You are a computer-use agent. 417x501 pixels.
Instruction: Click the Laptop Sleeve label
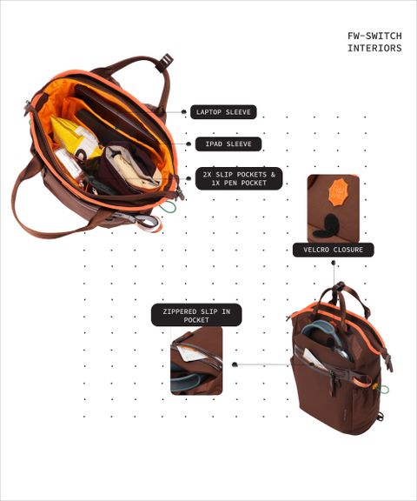pyautogui.click(x=223, y=112)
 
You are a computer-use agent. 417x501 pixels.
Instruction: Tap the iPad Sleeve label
pyautogui.click(x=228, y=144)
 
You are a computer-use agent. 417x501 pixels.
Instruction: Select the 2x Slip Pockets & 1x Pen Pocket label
pyautogui.click(x=239, y=178)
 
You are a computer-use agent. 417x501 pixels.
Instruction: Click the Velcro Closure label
pyautogui.click(x=333, y=250)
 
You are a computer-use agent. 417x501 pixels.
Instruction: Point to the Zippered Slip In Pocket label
pyautogui.click(x=196, y=315)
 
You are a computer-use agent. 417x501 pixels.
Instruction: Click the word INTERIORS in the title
pyautogui.click(x=374, y=48)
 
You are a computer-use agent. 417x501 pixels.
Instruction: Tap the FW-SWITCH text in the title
pyautogui.click(x=374, y=36)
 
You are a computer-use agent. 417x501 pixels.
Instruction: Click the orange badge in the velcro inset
pyautogui.click(x=340, y=192)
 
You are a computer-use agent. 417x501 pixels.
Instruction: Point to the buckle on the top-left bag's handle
pyautogui.click(x=165, y=63)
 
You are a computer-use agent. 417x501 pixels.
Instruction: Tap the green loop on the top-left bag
pyautogui.click(x=168, y=207)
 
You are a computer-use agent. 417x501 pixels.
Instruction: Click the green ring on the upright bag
pyautogui.click(x=384, y=390)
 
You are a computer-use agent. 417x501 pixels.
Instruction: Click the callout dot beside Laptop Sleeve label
pyautogui.click(x=184, y=111)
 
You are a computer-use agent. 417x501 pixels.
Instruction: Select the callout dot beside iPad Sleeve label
pyautogui.click(x=189, y=144)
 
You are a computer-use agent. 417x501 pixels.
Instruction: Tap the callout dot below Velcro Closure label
pyautogui.click(x=334, y=263)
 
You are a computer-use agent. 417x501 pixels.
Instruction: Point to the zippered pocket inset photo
pyautogui.click(x=196, y=361)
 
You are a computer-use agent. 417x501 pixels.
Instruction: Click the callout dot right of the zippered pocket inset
pyautogui.click(x=235, y=364)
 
